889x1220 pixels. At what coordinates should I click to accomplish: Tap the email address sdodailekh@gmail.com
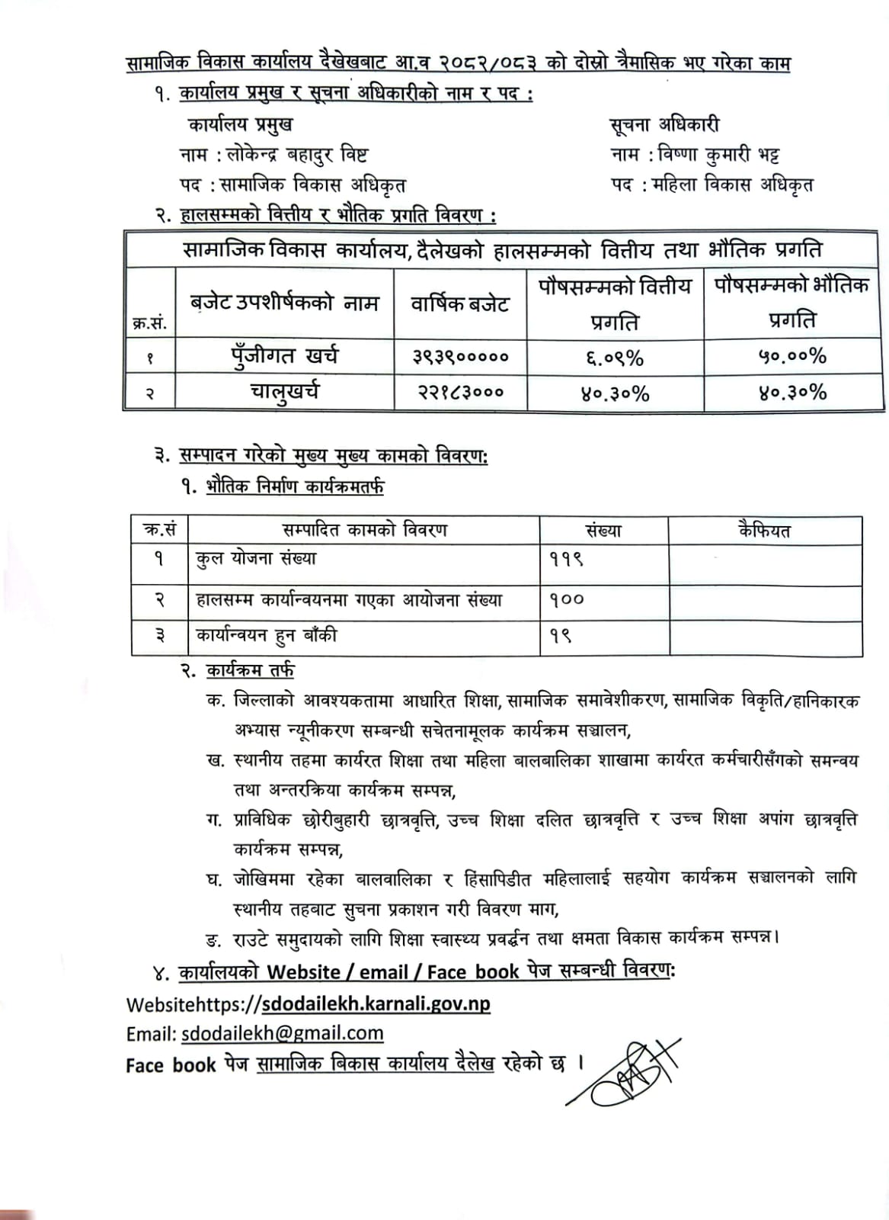[282, 1033]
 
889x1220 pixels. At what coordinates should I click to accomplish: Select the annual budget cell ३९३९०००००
[460, 356]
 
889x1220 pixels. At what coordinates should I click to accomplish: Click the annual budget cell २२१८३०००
[460, 393]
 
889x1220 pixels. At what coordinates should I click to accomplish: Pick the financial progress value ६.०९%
[614, 356]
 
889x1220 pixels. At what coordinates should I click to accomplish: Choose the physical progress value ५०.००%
[792, 356]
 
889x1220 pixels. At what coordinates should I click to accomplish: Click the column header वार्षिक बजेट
[460, 304]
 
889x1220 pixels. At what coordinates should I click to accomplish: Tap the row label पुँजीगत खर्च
[285, 356]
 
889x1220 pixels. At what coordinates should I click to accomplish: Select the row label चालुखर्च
[285, 393]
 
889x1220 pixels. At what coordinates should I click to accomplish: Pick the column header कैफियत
[764, 530]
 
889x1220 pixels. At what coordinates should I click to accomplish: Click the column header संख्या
[603, 530]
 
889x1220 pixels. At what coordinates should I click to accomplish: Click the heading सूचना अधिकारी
[664, 125]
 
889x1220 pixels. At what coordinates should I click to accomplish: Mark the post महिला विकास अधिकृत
[733, 185]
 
